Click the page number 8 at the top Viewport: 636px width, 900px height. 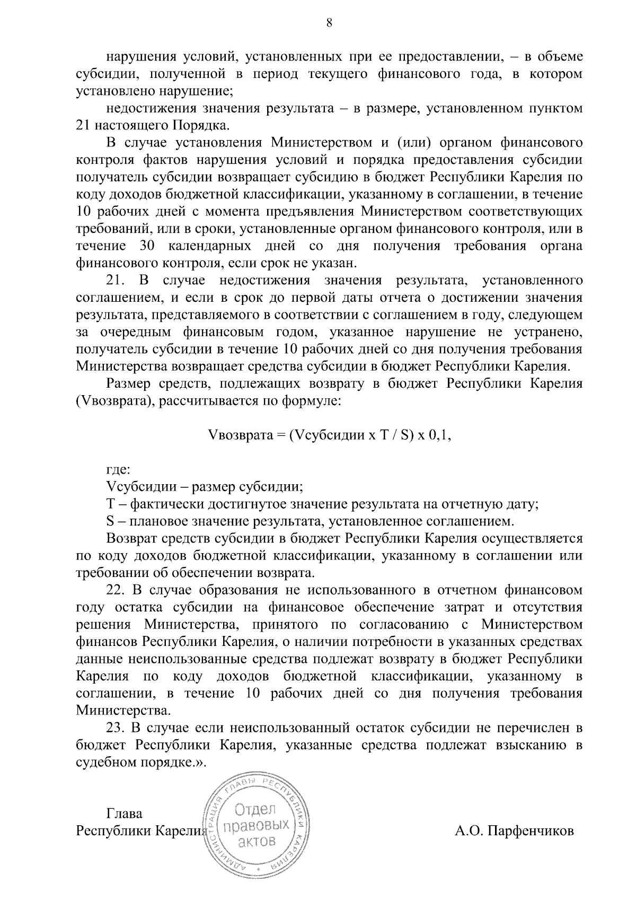pos(329,22)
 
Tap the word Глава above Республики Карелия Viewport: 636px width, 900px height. pos(125,814)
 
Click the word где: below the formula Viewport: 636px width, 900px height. pos(118,469)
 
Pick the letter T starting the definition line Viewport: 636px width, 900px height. pos(111,504)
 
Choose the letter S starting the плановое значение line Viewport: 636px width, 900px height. pos(110,521)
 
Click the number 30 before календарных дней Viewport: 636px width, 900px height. pos(148,246)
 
